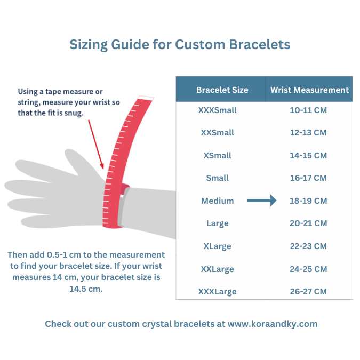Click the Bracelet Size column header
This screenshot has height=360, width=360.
point(222,90)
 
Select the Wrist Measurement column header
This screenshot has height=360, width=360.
point(309,90)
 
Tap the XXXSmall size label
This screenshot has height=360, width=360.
point(217,110)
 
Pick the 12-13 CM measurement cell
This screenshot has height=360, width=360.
point(308,133)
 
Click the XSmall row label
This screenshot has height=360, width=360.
point(217,155)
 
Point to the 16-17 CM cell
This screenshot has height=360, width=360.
point(308,178)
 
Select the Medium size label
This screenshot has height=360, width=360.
point(218,201)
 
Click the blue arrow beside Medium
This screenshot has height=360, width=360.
point(262,201)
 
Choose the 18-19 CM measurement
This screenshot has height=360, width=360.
point(308,201)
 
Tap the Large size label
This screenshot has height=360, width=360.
point(217,223)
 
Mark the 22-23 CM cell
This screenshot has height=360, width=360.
point(308,246)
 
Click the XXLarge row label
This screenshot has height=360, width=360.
point(217,269)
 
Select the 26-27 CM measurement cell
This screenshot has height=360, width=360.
point(308,292)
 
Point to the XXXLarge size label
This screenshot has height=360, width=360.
point(217,292)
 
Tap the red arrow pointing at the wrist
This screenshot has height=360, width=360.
point(96,145)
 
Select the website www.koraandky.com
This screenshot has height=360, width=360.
point(273,324)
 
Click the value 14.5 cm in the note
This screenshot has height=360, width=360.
point(86,289)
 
